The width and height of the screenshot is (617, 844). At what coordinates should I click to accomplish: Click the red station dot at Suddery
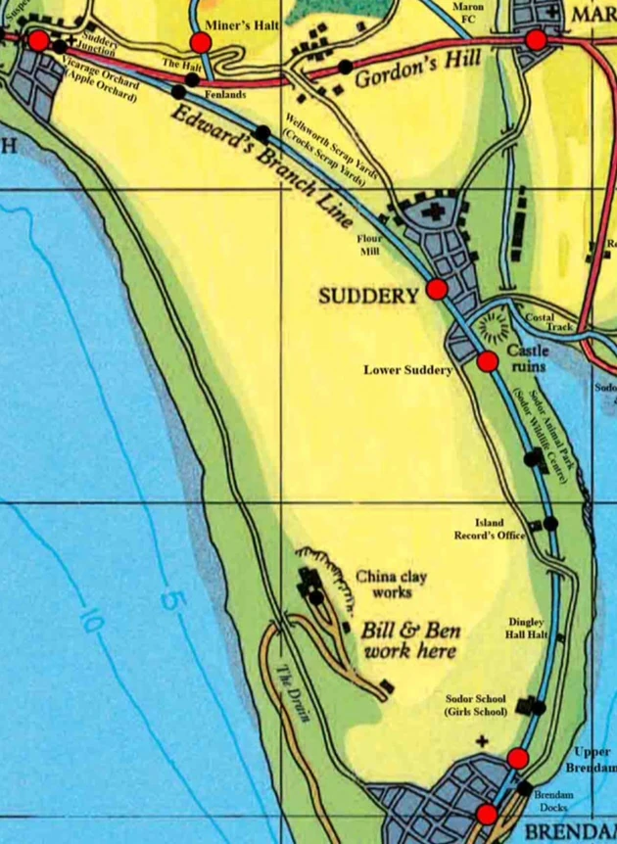437,289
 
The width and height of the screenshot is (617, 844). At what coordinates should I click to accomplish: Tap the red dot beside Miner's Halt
201,42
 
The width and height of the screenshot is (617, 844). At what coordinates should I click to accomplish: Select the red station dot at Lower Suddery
487,361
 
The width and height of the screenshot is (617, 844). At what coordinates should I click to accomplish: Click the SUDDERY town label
368,295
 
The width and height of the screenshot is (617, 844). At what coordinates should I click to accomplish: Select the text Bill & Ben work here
411,640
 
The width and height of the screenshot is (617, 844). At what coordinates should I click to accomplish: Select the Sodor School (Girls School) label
475,705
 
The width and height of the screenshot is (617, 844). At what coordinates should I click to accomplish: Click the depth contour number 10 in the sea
93,623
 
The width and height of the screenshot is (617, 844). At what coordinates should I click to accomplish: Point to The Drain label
295,693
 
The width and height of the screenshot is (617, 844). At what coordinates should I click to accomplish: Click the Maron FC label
468,13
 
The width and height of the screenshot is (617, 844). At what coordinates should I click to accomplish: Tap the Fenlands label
225,94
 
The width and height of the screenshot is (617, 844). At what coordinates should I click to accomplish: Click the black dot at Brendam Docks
525,788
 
